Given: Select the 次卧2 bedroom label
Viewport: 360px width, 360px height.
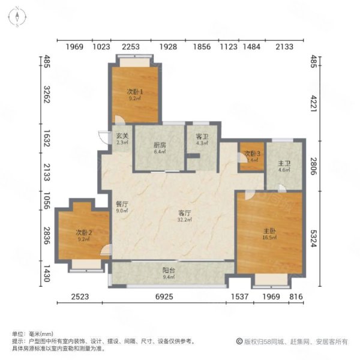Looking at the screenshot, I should pyautogui.click(x=83, y=232).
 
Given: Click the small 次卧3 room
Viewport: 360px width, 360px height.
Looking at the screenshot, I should pyautogui.click(x=251, y=157).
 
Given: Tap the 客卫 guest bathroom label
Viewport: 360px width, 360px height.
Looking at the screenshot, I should pyautogui.click(x=202, y=136).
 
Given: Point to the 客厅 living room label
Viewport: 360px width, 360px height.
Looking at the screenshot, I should pyautogui.click(x=184, y=213).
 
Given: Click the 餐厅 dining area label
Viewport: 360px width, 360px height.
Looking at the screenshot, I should pyautogui.click(x=122, y=203).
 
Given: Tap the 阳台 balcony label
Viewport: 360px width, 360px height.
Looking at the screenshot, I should pyautogui.click(x=169, y=270).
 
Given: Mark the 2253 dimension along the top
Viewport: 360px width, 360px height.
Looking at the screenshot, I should pyautogui.click(x=132, y=47).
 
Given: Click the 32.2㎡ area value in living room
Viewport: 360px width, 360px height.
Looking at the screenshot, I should pyautogui.click(x=184, y=221).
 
